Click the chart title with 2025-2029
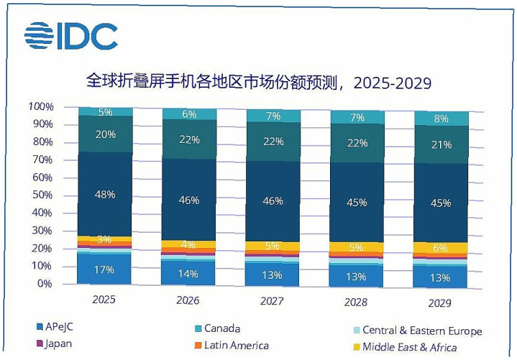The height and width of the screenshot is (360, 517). (258, 81)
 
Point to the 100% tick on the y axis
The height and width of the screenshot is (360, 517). (41, 106)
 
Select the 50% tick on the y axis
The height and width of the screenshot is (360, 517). (43, 195)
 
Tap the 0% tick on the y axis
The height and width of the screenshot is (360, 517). (45, 284)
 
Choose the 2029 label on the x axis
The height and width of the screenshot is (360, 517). (439, 303)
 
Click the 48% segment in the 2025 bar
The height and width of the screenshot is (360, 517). (105, 193)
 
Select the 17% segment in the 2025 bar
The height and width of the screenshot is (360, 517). (105, 270)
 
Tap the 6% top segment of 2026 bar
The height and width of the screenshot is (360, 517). (190, 114)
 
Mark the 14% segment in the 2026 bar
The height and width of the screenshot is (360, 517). (190, 273)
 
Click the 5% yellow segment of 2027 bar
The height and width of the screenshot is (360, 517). (273, 246)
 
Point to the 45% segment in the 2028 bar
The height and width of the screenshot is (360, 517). (357, 202)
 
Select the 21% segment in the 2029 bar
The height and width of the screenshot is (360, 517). (441, 144)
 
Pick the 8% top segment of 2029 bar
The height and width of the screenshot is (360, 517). (441, 119)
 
